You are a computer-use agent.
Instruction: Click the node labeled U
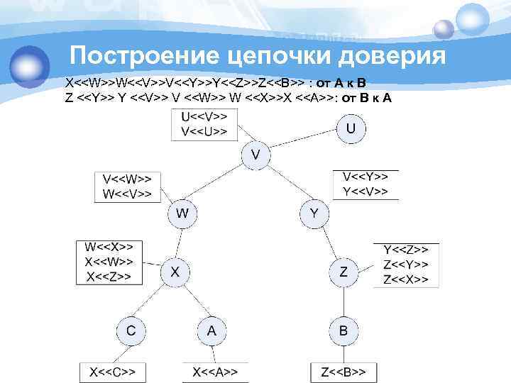[x=351, y=128]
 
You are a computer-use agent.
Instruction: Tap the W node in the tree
[x=182, y=212]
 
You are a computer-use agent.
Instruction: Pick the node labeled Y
[x=314, y=212]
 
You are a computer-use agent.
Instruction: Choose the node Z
[x=344, y=271]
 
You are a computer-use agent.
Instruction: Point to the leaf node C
[x=131, y=330]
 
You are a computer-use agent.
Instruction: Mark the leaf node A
[x=211, y=330]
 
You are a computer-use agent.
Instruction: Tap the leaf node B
[x=344, y=330]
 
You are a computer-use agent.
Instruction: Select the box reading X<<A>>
[x=215, y=371]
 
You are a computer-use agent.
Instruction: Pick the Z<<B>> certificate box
[x=344, y=371]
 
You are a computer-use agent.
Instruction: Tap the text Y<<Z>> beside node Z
[x=406, y=250]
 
